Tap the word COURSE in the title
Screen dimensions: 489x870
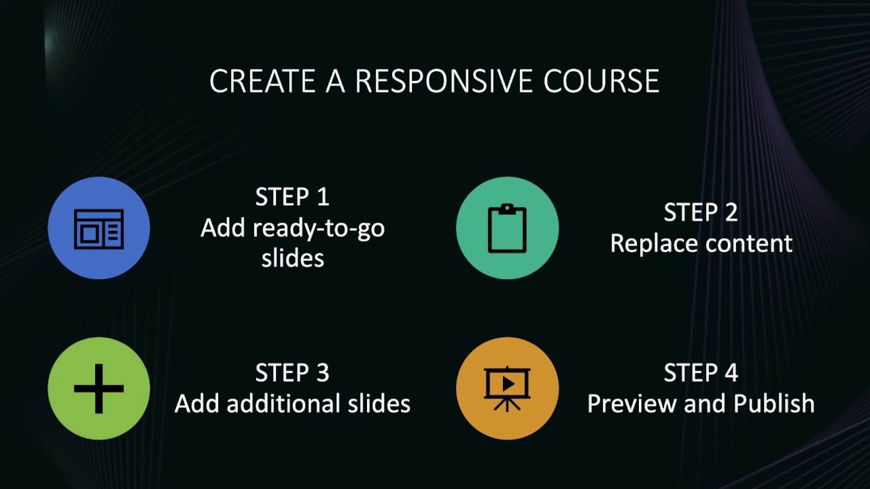coord(601,81)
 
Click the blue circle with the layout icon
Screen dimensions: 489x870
coord(99,228)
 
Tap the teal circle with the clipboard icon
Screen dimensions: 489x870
coord(507,228)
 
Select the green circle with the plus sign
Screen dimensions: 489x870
coord(99,388)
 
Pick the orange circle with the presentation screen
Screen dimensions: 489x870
coord(507,388)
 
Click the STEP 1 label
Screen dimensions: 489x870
coord(292,197)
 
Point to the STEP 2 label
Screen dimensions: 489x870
coord(701,213)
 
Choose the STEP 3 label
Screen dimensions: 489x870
coord(292,373)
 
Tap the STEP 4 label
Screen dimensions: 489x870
coord(701,373)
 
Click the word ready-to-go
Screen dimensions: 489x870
coord(318,228)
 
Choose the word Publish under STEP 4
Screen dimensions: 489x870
coord(773,403)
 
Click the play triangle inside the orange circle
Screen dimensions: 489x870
coord(508,384)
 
